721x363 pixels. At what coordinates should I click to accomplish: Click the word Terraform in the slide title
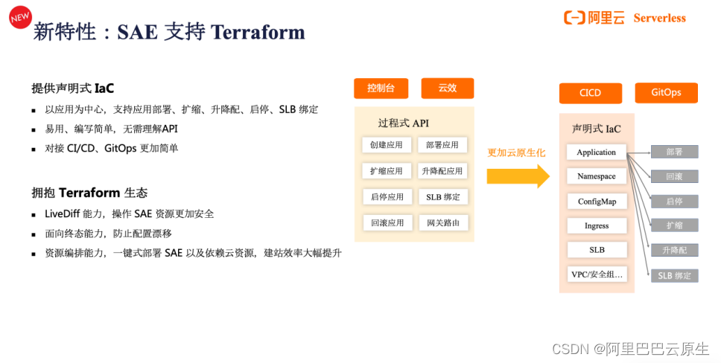(258, 32)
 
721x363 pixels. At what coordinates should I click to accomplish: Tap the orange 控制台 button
(381, 89)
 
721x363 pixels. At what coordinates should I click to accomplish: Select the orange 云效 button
(447, 89)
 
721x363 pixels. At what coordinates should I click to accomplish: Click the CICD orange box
(590, 93)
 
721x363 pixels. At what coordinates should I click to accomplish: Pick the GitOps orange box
(666, 93)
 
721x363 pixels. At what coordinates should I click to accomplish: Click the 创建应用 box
(387, 145)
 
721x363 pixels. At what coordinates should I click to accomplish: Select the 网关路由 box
(442, 222)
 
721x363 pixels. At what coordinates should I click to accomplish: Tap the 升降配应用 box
(442, 171)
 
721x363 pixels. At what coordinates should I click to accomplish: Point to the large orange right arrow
(518, 176)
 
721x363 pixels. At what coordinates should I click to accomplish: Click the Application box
(597, 152)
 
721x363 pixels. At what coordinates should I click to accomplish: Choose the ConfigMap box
(597, 202)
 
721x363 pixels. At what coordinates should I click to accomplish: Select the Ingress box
(597, 225)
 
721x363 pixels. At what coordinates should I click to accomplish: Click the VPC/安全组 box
(597, 274)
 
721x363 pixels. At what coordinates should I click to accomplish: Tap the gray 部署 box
(674, 152)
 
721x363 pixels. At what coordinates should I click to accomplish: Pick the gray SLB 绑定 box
(674, 275)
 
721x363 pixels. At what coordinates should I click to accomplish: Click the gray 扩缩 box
(674, 225)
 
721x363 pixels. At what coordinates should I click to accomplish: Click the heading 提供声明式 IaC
(73, 89)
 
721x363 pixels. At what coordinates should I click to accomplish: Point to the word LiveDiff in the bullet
(63, 213)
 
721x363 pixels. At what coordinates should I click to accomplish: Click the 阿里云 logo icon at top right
(574, 18)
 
